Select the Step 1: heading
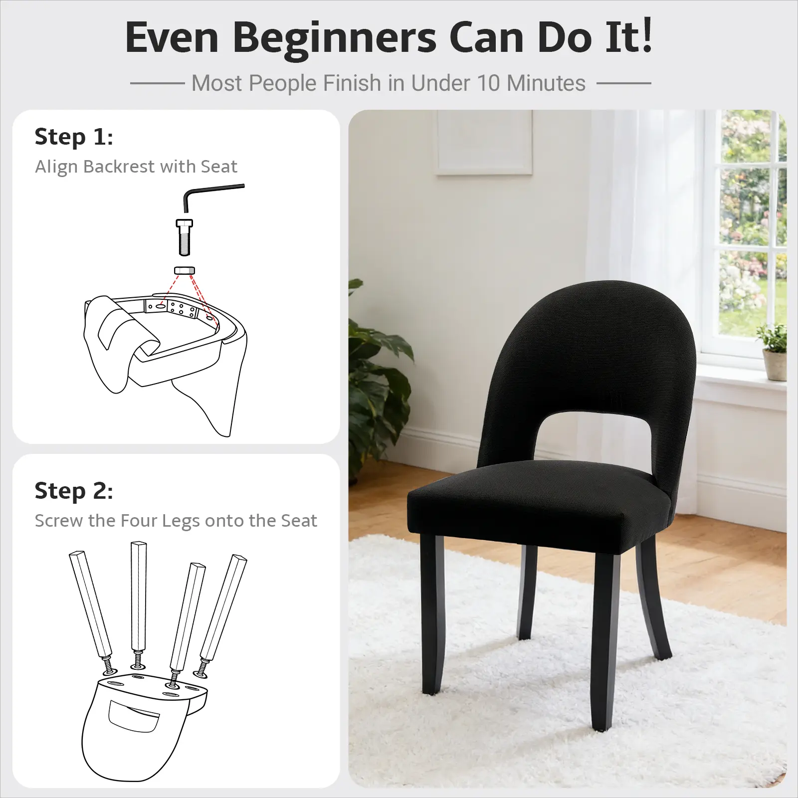(74, 137)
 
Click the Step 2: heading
(74, 491)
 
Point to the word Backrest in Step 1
(119, 167)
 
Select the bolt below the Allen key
(185, 237)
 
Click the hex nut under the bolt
(184, 270)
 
